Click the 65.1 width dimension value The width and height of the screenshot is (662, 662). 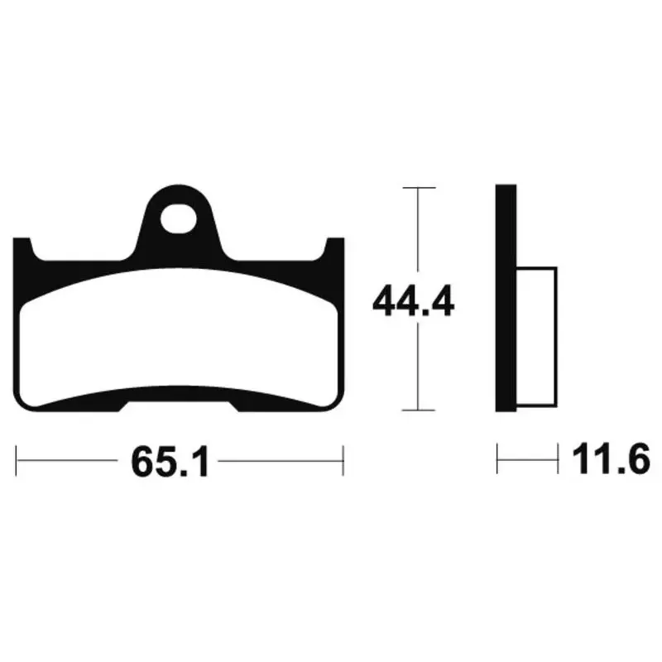point(170,462)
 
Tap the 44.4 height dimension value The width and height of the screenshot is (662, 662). point(413,300)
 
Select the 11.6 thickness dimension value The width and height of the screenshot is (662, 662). point(611,459)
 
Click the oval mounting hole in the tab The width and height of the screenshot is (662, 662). point(179,218)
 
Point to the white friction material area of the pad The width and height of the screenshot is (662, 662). point(179,338)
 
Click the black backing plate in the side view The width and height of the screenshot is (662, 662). point(506,298)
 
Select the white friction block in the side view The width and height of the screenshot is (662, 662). point(536,337)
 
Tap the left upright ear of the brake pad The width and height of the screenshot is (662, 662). point(23,249)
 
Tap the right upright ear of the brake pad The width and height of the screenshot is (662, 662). point(335,249)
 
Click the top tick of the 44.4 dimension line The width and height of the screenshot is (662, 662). point(419,188)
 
